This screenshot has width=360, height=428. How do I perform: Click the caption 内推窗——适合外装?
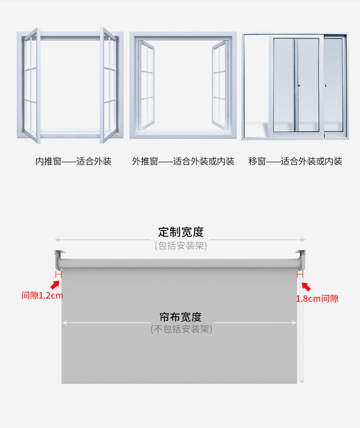(73, 161)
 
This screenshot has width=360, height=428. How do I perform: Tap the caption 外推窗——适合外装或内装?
(183, 161)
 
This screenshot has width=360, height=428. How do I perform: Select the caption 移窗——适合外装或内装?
(295, 161)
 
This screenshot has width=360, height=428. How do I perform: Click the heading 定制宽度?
(181, 232)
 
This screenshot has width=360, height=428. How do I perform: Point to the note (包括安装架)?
(181, 246)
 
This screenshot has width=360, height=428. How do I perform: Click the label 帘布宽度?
(180, 317)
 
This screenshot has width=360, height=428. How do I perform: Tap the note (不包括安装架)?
(181, 329)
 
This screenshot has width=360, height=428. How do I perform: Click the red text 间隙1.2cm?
(42, 295)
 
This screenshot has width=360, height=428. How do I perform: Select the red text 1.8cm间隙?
(317, 299)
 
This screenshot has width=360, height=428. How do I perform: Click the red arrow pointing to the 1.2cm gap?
(55, 285)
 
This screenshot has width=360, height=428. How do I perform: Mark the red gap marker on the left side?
(58, 274)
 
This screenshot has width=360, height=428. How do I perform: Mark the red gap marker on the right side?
(300, 274)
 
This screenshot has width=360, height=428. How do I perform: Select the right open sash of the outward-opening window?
(220, 84)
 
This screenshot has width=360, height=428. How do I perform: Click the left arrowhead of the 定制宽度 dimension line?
(57, 240)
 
